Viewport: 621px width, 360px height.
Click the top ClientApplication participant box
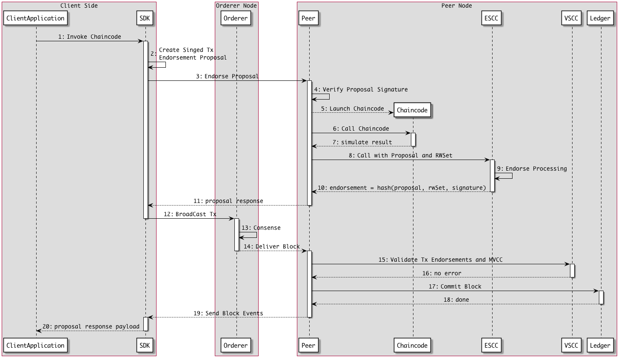point(35,18)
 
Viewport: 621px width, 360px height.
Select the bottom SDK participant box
point(145,345)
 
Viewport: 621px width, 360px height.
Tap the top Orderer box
point(236,18)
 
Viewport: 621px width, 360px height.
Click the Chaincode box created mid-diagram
point(412,110)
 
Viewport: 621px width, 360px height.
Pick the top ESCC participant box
point(491,18)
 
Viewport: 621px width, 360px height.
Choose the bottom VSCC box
point(571,345)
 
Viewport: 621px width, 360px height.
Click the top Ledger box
point(600,18)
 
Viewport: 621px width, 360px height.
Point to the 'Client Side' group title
point(79,6)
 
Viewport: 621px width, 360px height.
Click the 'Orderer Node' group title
point(236,6)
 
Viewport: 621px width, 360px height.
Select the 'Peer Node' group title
point(456,6)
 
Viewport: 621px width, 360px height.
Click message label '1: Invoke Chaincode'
point(90,37)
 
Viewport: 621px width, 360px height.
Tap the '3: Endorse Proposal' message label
point(227,76)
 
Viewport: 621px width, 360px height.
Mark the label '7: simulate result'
point(362,142)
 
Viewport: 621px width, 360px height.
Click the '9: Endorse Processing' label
point(532,169)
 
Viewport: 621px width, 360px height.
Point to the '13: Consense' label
point(261,228)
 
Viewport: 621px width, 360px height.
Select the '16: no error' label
point(442,273)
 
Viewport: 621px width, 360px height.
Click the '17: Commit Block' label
point(455,286)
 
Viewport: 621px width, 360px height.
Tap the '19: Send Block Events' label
point(228,313)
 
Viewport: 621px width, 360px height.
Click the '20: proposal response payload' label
point(91,326)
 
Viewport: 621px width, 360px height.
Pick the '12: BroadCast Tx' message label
point(190,214)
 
